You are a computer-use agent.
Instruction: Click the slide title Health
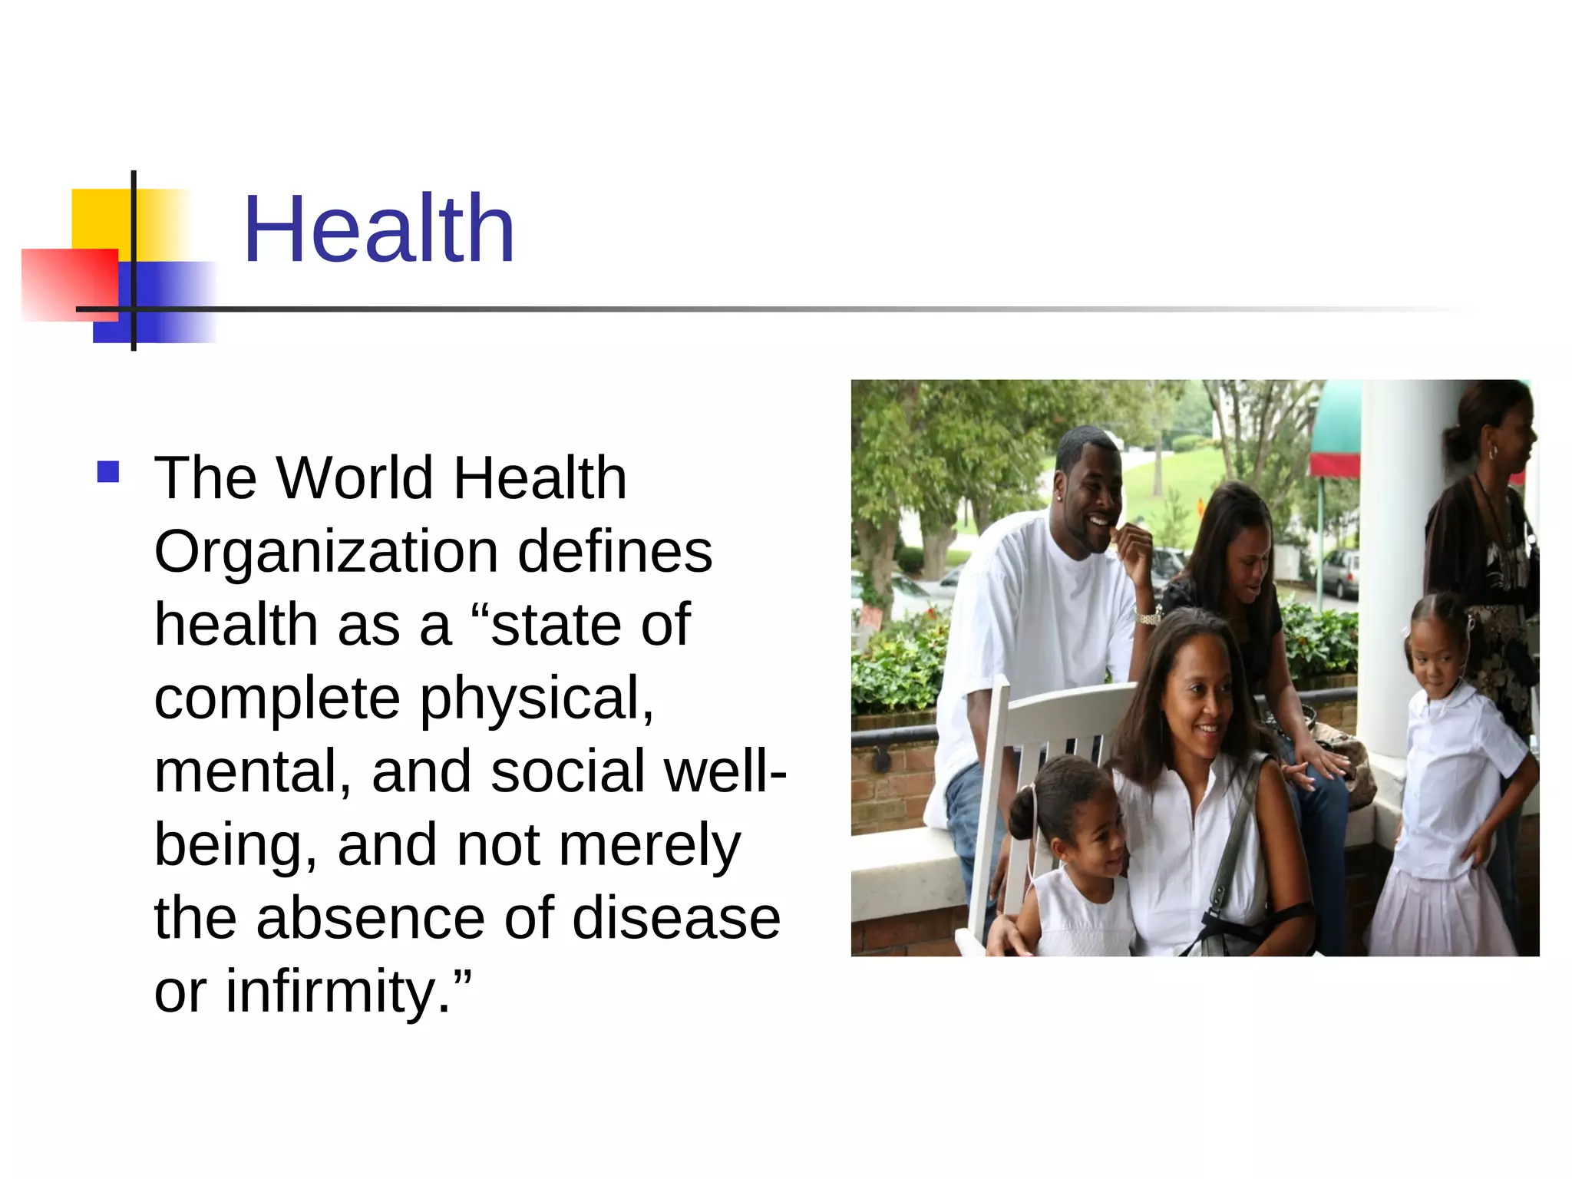click(378, 230)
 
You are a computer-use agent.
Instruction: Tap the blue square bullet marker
click(108, 471)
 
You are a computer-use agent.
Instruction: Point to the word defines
click(615, 551)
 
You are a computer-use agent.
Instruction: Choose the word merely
click(649, 845)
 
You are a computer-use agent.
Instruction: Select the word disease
click(676, 918)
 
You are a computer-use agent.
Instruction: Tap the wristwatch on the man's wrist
click(1148, 617)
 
